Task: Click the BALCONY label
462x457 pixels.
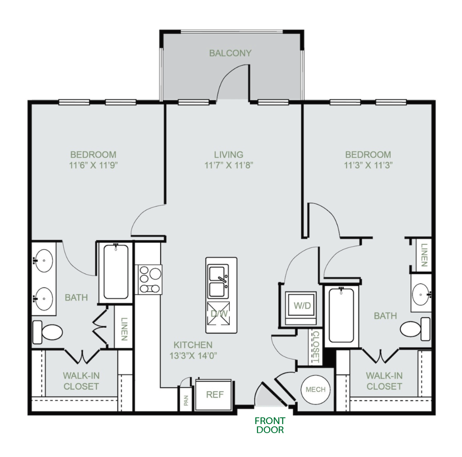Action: click(x=230, y=53)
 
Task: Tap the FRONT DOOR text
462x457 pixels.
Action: click(x=270, y=425)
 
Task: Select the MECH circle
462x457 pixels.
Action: click(x=316, y=389)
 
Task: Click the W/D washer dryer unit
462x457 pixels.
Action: click(x=301, y=308)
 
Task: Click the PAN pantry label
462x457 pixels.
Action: click(x=186, y=400)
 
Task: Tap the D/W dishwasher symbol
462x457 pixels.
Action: click(x=219, y=313)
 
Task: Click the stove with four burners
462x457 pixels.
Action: click(x=149, y=279)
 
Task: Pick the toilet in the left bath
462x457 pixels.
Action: click(x=47, y=332)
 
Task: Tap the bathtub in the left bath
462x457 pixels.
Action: click(x=116, y=272)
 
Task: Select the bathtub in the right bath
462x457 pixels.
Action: click(x=341, y=315)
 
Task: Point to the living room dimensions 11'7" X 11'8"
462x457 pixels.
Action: click(x=229, y=165)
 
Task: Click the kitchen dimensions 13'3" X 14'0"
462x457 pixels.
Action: click(x=193, y=356)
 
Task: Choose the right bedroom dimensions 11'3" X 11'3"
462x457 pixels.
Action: click(x=368, y=165)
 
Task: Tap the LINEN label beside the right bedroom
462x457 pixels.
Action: click(x=424, y=255)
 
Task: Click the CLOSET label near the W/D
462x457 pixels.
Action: click(x=316, y=347)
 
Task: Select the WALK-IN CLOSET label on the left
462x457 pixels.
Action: click(x=81, y=381)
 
